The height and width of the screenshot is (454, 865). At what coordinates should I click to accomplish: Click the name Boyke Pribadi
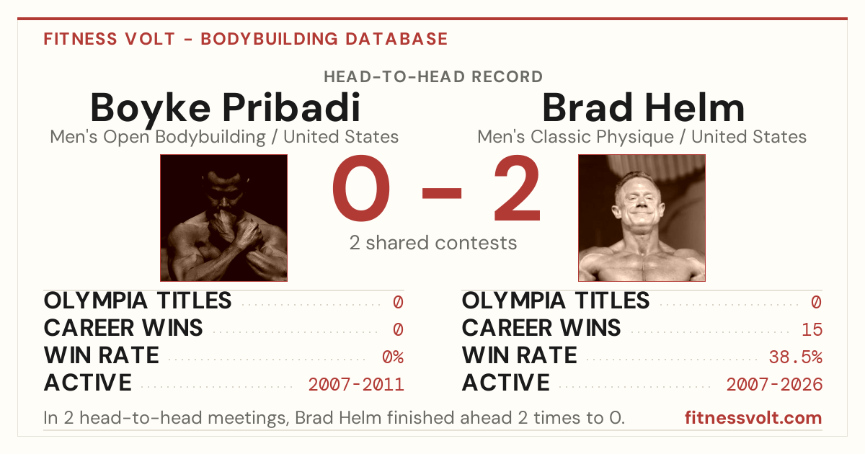(x=225, y=108)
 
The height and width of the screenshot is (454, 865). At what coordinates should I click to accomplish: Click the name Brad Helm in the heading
(x=643, y=107)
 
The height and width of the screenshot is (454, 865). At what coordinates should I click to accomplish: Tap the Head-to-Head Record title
(x=433, y=77)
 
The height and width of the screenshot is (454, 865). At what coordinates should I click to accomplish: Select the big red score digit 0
(x=361, y=188)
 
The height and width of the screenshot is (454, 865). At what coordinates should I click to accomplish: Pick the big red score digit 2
(x=518, y=187)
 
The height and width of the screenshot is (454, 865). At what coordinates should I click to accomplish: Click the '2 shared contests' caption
(x=433, y=243)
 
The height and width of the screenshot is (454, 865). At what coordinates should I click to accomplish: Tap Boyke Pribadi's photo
(x=223, y=218)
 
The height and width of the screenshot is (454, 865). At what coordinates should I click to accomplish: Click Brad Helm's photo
(x=642, y=218)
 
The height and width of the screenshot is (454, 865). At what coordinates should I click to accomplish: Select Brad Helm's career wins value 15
(x=812, y=330)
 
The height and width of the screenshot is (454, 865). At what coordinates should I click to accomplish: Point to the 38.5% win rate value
(x=796, y=357)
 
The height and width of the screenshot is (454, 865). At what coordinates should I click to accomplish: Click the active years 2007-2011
(x=356, y=385)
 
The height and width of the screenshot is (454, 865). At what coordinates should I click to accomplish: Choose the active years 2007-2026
(x=774, y=385)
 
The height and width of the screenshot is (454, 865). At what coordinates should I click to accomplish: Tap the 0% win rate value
(x=393, y=357)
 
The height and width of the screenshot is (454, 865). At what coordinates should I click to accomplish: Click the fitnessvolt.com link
(x=753, y=418)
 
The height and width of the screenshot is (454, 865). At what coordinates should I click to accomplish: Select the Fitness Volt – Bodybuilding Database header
(x=246, y=39)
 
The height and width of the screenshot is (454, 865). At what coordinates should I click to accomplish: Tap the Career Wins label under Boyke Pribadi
(x=123, y=328)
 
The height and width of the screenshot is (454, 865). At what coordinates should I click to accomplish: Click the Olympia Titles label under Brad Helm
(x=556, y=301)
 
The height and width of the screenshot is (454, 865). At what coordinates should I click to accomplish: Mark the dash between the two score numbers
(x=442, y=193)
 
